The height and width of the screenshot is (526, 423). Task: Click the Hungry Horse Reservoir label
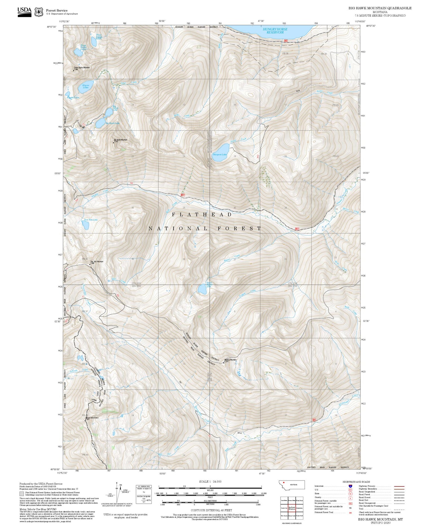[x=275, y=31]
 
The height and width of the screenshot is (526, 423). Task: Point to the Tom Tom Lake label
[x=91, y=219]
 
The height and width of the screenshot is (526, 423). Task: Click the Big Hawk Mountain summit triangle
[x=114, y=142]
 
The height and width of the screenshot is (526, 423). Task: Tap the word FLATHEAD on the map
[x=202, y=215]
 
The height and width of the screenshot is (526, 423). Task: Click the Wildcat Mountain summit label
[x=230, y=360]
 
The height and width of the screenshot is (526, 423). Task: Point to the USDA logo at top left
[x=25, y=12]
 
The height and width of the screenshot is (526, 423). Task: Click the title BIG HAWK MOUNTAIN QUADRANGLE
[x=380, y=8]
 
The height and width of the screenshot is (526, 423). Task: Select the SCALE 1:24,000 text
[x=210, y=482]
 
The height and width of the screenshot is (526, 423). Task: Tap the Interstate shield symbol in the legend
[x=350, y=486]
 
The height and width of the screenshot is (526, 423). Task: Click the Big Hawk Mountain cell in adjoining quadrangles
[x=292, y=508]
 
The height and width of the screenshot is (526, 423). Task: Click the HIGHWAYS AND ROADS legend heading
[x=356, y=482]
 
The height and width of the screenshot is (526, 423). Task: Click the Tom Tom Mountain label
[x=97, y=262]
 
